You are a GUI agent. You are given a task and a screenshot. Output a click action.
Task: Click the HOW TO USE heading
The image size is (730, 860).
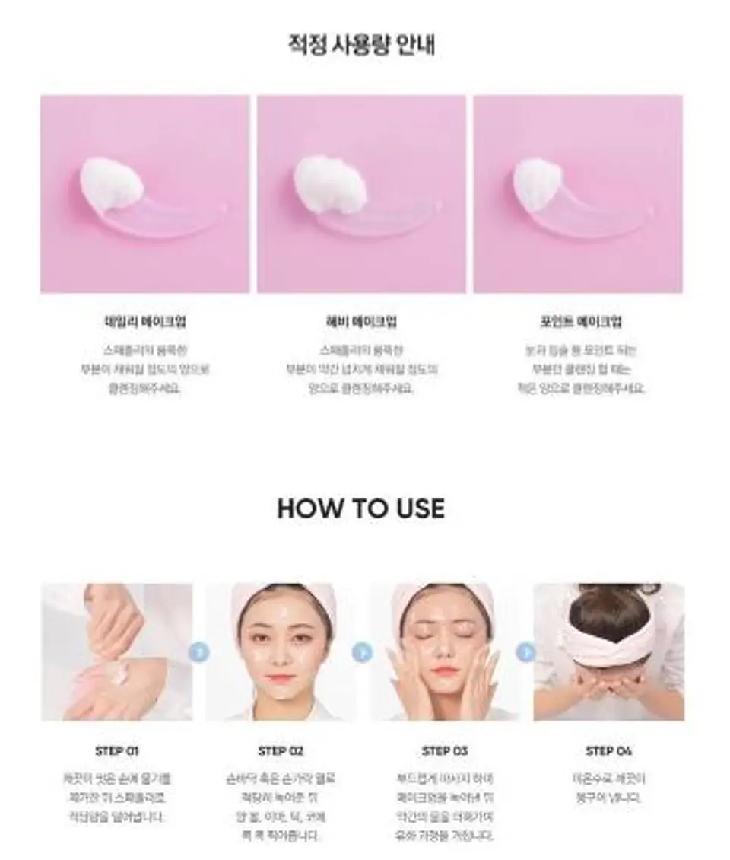(360, 508)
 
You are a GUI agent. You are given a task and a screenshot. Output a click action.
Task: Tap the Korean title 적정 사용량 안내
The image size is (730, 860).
(361, 45)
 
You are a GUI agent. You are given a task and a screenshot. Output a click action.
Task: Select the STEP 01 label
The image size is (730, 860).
(117, 751)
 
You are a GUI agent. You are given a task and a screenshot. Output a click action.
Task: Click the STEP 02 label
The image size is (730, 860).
(281, 751)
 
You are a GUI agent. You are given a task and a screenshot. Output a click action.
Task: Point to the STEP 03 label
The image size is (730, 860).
(445, 751)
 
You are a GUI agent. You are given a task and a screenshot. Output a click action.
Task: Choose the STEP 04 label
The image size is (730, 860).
(608, 751)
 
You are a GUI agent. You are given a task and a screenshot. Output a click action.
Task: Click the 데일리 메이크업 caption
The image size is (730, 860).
(144, 322)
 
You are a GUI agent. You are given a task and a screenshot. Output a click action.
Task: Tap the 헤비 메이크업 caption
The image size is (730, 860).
(361, 322)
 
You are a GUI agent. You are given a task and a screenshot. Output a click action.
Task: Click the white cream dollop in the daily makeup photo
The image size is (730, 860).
(111, 183)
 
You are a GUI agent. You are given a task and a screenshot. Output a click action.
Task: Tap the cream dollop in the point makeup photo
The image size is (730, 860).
(538, 183)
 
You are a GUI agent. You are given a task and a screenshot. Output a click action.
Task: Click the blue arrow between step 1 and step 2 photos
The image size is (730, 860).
(199, 652)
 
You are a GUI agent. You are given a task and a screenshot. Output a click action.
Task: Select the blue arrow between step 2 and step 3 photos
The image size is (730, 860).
(363, 652)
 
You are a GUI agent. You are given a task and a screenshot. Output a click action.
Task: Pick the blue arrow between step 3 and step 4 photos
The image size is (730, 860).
(526, 652)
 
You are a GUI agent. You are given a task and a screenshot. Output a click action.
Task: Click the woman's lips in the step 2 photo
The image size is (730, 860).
(280, 678)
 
